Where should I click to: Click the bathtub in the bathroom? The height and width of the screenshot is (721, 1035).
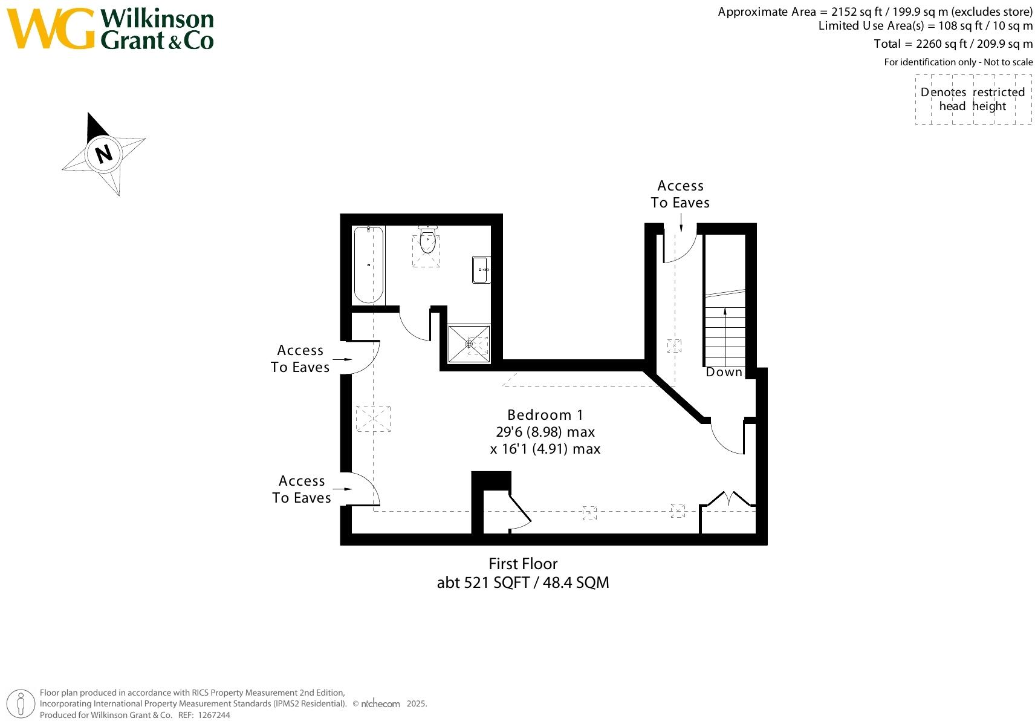point(368,265)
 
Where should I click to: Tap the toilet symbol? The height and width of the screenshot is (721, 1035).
point(427,240)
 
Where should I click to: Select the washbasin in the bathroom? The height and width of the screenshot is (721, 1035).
point(481,270)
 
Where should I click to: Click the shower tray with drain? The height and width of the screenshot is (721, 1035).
point(469,344)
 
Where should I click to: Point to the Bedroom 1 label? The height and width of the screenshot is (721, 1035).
point(545,415)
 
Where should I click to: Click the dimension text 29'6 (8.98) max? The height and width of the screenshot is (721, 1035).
point(545,432)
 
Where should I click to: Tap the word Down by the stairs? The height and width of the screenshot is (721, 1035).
point(724,372)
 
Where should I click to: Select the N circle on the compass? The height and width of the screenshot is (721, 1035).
point(104,154)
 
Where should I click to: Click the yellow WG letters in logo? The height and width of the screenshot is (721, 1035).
point(51,29)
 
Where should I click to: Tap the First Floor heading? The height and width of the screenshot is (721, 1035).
point(523,564)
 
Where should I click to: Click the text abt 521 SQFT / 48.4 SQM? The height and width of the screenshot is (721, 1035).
point(523,582)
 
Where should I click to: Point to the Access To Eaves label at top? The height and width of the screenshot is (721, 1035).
point(680,194)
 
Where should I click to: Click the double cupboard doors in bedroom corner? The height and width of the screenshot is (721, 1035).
point(729,500)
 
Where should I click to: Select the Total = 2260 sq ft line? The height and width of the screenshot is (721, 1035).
point(953,44)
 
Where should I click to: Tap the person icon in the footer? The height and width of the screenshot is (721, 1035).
point(22,704)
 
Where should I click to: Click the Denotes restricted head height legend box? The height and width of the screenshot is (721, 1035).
point(973,99)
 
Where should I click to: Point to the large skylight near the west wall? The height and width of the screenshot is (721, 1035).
point(373,418)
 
